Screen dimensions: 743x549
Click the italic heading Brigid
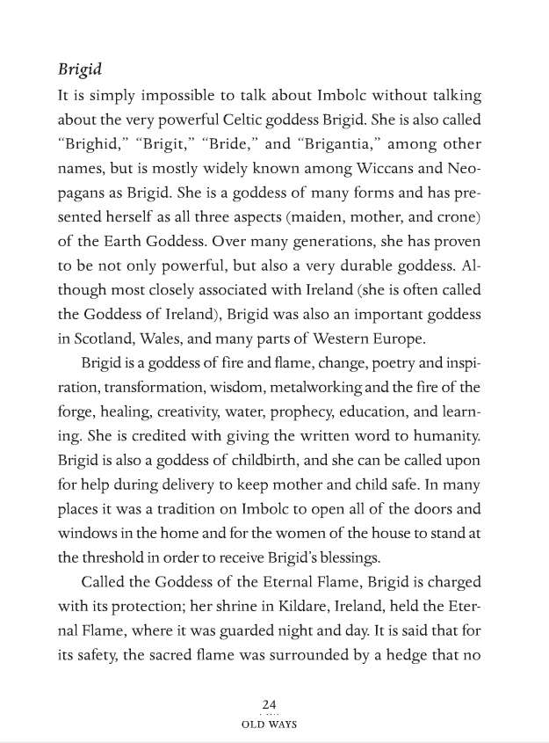click(78, 69)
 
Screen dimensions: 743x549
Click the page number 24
click(269, 704)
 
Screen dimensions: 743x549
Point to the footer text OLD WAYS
click(269, 725)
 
